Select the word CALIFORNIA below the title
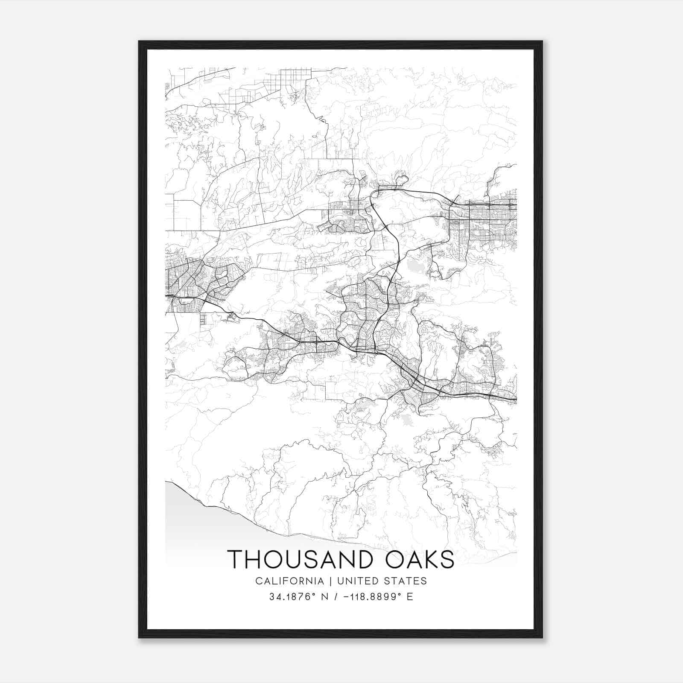[x=289, y=581]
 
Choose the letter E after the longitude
[x=410, y=597]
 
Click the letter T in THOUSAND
[x=236, y=559]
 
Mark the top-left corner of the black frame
[x=139, y=41]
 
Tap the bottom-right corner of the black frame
[x=542, y=638]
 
